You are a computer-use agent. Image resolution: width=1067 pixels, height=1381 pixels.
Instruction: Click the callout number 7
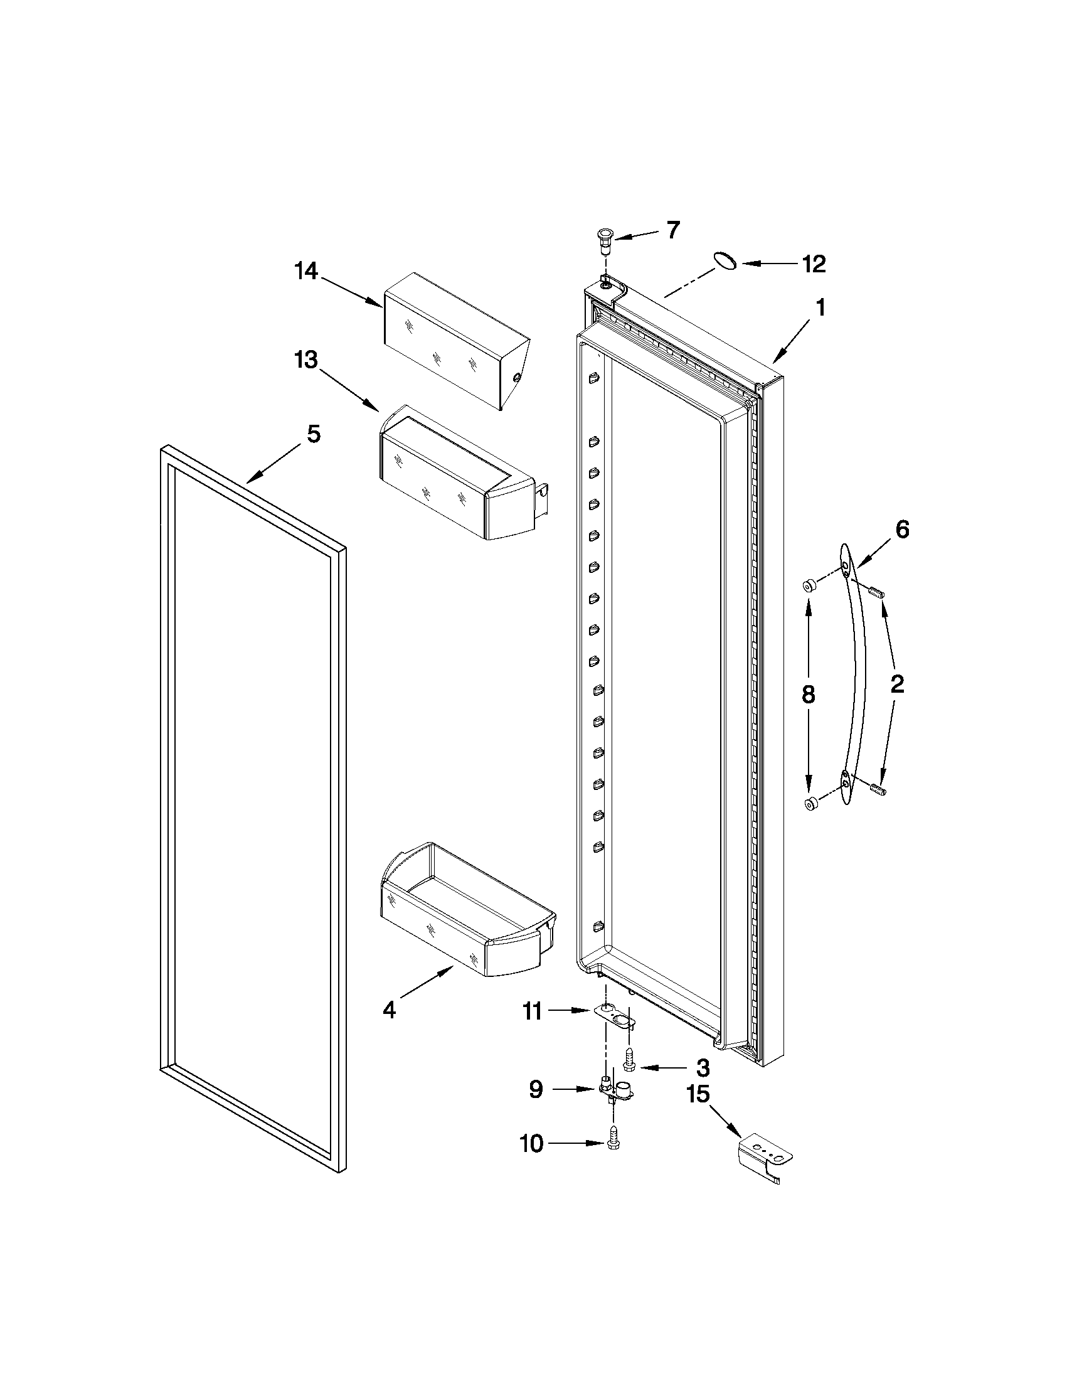[x=672, y=230]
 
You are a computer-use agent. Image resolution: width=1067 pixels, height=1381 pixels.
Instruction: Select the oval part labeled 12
[x=726, y=260]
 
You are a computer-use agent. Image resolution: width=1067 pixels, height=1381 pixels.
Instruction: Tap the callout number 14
[x=306, y=272]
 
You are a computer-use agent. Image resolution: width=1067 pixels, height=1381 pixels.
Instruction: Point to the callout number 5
[x=313, y=434]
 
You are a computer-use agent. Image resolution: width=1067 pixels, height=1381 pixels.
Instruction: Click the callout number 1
[x=820, y=308]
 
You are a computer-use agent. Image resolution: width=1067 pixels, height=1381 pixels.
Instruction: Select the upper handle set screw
[x=876, y=592]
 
